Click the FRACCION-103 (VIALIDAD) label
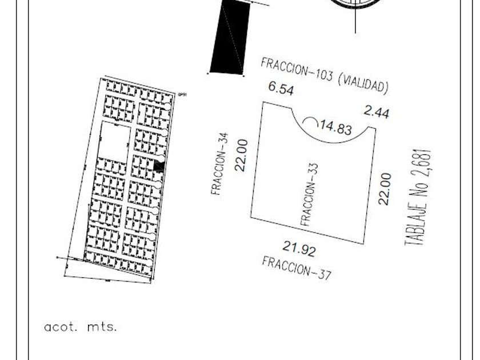(325, 75)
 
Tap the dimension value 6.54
(281, 89)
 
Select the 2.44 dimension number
(377, 112)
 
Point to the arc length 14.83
(335, 127)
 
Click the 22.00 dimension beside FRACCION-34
(242, 155)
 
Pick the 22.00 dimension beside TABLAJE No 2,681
(385, 189)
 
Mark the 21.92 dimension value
(298, 249)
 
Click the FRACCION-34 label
(219, 165)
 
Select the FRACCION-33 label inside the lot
(309, 194)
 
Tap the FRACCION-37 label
(297, 267)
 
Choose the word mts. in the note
(102, 327)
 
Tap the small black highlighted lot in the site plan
(159, 166)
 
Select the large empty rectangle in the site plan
(114, 142)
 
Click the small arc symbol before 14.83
(310, 122)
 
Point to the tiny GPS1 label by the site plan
(182, 95)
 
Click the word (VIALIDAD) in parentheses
(363, 83)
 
